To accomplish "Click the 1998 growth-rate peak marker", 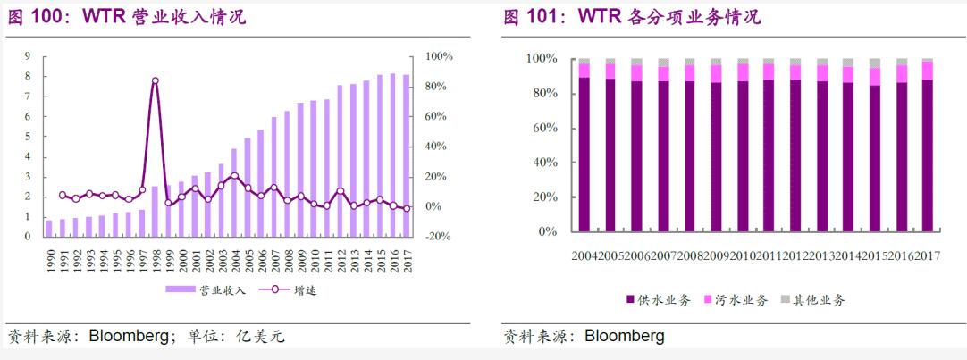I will (155, 80).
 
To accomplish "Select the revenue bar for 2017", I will (408, 155).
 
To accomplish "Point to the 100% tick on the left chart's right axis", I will (439, 56).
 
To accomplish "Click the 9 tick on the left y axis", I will (28, 56).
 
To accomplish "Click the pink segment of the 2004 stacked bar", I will (584, 71).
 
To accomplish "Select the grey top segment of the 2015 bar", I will (875, 63).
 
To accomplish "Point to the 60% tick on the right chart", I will (542, 128).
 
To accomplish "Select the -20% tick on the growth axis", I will (438, 237).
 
